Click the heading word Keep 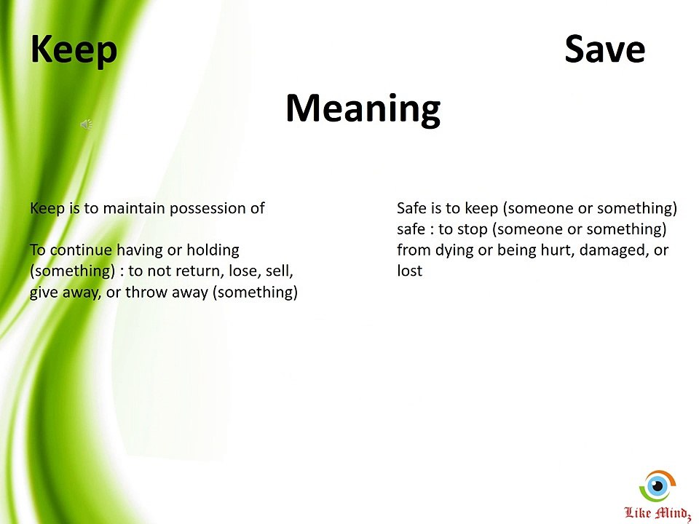click(x=74, y=49)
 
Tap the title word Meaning click(x=363, y=108)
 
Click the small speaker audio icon click(x=86, y=125)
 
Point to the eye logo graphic click(x=657, y=485)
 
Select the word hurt click(x=557, y=250)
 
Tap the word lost click(x=409, y=271)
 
